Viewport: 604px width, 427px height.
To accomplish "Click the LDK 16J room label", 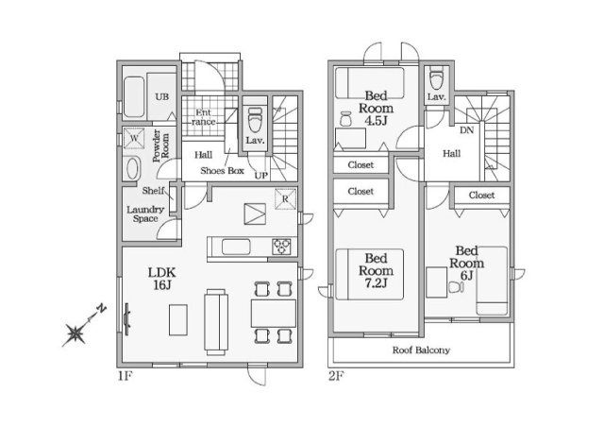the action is coord(162,279).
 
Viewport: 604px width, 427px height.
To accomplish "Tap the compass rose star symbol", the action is coord(75,334).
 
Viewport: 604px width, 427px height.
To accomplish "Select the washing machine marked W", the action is coord(134,138).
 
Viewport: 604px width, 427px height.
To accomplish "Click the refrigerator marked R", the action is coord(285,199).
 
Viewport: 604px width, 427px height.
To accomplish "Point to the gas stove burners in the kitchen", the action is coord(281,247).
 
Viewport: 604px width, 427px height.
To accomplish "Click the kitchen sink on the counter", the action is coord(236,247).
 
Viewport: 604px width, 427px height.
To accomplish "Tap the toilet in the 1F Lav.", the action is coord(254,119).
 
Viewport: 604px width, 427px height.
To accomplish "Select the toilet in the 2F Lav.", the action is coord(436,78).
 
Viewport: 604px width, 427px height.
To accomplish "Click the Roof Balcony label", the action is coord(421,350).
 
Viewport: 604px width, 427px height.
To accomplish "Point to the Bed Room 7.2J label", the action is coord(376,270).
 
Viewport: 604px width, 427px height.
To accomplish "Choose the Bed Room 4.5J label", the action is coord(376,108).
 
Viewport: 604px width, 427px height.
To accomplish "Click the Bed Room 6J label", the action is coord(466,263).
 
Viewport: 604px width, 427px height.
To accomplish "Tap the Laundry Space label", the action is coord(145,214).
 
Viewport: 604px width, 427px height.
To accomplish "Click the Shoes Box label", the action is coord(223,170).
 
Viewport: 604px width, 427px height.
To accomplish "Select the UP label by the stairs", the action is coord(261,176).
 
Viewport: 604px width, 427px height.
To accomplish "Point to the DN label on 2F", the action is coord(467,130).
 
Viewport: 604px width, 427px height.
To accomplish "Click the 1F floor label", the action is coord(126,376).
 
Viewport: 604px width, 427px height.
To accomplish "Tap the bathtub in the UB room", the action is coord(134,97).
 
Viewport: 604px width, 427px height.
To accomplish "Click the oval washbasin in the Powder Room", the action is coord(132,168).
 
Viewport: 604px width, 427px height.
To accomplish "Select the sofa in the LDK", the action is coord(216,322).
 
